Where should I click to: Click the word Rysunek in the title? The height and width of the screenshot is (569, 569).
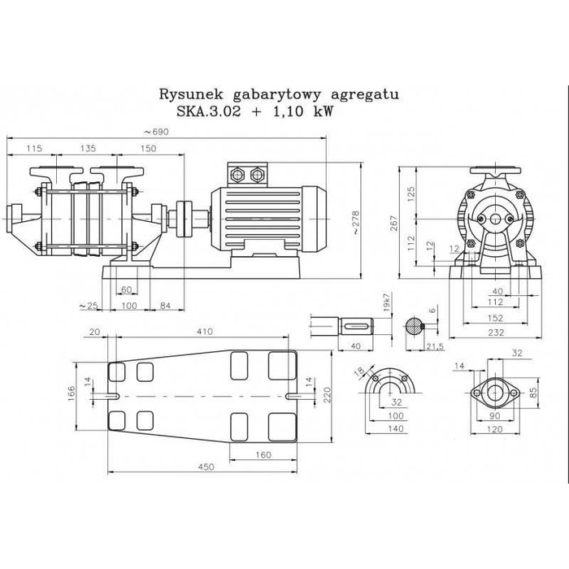pos(190,95)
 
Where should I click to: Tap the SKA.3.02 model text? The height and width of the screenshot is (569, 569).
pos(209,111)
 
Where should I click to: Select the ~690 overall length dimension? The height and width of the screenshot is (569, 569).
pos(156,132)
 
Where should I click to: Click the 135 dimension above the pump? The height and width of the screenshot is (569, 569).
pos(88,148)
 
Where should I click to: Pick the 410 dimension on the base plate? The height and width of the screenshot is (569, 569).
pos(205,332)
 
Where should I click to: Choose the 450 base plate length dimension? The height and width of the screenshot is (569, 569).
pos(206,467)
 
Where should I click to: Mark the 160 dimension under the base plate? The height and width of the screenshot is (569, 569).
pos(263,454)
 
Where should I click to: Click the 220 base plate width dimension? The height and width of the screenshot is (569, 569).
pos(328,394)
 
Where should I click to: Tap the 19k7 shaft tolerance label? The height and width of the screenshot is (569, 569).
pos(386,302)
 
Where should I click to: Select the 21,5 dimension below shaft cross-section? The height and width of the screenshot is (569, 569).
pos(435,346)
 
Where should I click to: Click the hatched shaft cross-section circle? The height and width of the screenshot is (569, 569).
pos(414,326)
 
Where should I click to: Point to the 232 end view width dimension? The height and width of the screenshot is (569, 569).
pos(496,332)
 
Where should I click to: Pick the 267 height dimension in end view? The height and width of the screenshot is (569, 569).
pos(394,223)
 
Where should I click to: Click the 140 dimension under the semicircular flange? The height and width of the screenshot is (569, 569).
pos(396,428)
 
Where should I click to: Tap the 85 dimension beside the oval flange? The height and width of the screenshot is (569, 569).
pos(532,393)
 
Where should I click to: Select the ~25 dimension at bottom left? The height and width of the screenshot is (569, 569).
pos(89,306)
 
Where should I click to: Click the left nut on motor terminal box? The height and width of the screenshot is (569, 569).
pos(237,174)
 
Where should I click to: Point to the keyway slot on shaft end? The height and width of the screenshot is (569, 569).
pos(358,326)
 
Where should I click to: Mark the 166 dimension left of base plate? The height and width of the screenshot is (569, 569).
pos(72,393)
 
